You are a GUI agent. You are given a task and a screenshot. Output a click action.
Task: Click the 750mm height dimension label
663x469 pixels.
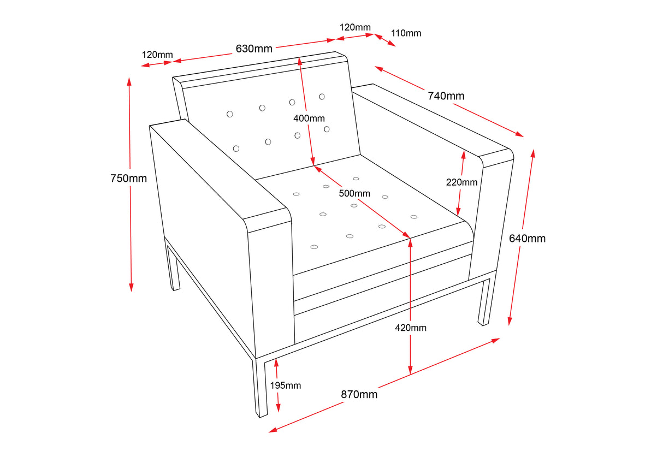[128, 179]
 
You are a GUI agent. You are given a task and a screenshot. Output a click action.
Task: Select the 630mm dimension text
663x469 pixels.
[254, 49]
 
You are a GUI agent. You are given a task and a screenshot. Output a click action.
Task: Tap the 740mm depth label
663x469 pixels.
[446, 96]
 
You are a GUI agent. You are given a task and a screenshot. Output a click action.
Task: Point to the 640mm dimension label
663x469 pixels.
[527, 239]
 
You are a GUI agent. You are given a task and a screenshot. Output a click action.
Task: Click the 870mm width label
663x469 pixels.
[359, 394]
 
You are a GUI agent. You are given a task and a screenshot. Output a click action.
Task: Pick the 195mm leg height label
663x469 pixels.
[286, 385]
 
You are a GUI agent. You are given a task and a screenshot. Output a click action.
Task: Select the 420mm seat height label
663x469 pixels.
[411, 328]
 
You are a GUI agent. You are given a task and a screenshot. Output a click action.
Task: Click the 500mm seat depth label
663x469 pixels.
[354, 193]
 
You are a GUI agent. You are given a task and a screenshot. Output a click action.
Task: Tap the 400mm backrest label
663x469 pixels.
[309, 118]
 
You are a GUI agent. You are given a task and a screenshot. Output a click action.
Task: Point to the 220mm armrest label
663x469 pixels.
[461, 182]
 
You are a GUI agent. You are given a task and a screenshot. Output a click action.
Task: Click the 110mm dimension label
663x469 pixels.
[406, 33]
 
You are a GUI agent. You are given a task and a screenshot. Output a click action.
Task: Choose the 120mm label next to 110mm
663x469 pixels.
[355, 27]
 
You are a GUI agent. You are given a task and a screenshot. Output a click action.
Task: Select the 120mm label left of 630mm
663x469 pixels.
[157, 55]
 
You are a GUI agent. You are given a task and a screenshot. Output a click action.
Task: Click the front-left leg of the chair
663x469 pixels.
[261, 388]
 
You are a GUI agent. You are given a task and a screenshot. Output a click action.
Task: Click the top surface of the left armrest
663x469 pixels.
[218, 169]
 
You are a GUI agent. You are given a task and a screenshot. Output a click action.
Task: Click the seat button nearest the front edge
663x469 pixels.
[314, 247]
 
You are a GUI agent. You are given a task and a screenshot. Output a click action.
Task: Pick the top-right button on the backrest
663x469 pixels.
[322, 97]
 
